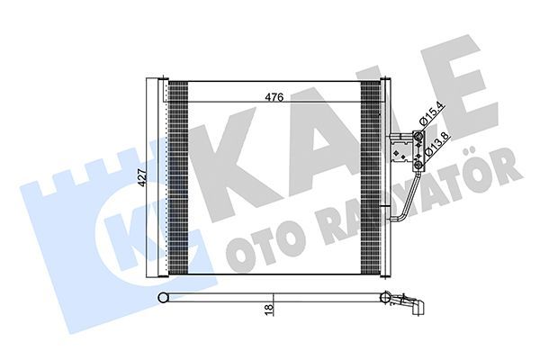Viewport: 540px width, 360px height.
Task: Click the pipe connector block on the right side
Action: click(x=408, y=152)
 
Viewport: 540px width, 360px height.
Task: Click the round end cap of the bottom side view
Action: click(x=163, y=297)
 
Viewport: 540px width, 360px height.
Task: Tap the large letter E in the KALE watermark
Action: click(x=454, y=99)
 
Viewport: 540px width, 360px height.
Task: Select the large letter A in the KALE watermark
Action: click(x=315, y=135)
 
